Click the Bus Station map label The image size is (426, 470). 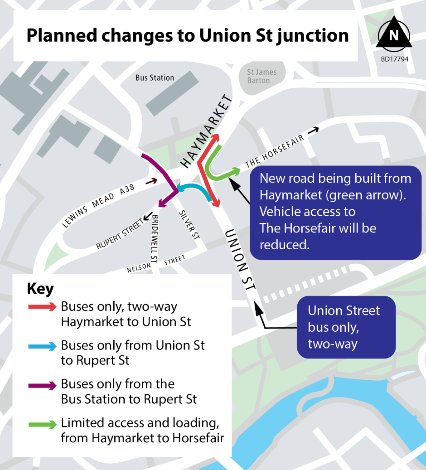coord(155,78)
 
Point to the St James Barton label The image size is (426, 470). coord(261,76)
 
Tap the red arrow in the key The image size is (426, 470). coord(42,307)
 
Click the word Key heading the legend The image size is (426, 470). coord(40,289)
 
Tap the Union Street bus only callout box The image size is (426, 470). coord(346,327)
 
